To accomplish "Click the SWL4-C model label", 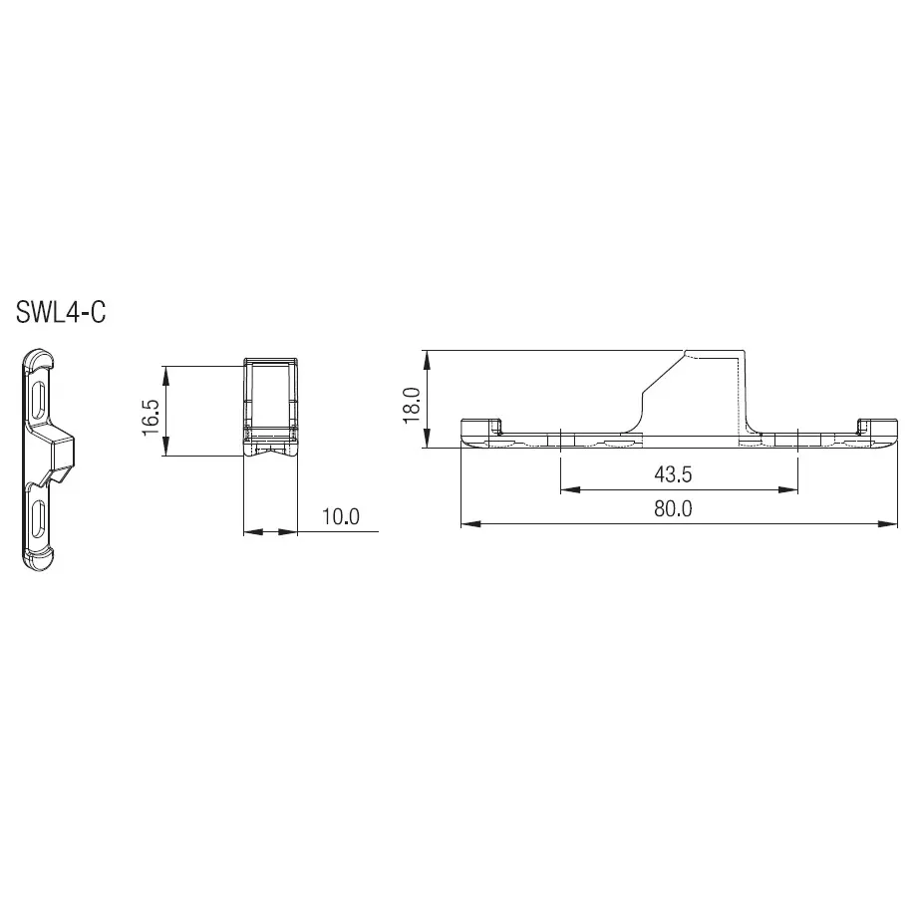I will [x=60, y=312].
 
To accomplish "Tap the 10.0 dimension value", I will [x=339, y=516].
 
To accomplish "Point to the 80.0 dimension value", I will [x=673, y=507].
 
